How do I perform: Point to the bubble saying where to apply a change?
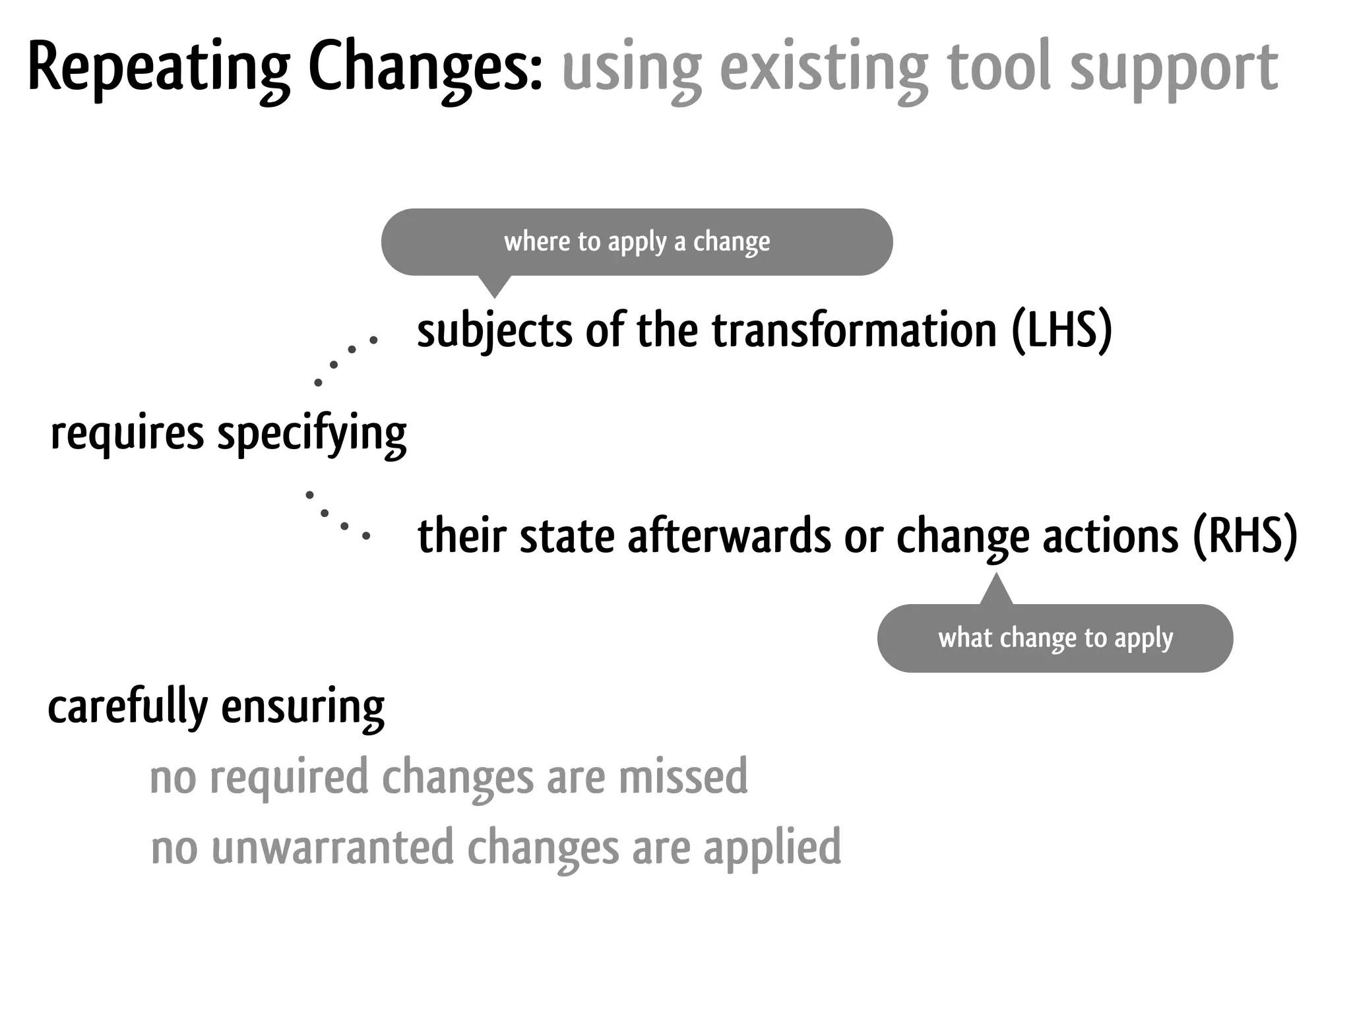coord(637,242)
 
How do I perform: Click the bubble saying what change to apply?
coord(1055,638)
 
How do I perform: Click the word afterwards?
coord(730,536)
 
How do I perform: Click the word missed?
coord(683,777)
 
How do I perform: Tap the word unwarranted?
coord(332,847)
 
